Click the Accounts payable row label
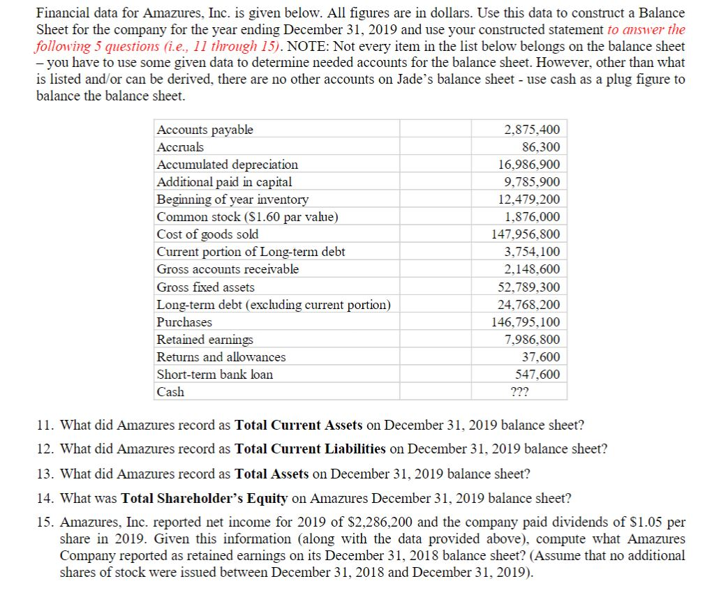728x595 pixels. [205, 130]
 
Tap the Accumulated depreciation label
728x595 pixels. [228, 165]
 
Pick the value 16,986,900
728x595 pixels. [528, 165]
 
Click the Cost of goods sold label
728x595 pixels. [207, 234]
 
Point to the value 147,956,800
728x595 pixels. [526, 234]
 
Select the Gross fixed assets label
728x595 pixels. [206, 287]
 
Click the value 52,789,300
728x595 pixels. [528, 287]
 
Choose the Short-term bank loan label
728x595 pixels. [215, 375]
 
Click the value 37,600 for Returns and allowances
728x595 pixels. [541, 357]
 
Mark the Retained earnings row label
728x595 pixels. [205, 340]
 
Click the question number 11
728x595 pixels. [43, 425]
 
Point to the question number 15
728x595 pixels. [43, 522]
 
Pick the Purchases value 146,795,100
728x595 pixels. [526, 322]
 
